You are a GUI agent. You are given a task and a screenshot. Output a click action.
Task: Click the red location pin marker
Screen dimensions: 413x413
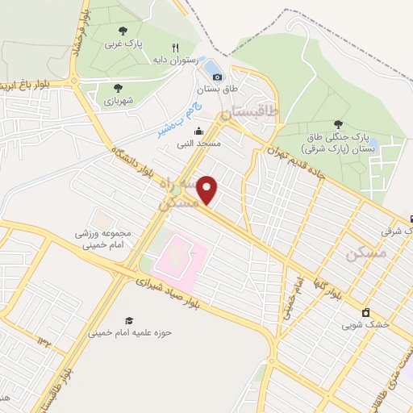point(208,190)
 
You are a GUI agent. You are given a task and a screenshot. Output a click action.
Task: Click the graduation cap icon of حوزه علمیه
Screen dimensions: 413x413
point(129,319)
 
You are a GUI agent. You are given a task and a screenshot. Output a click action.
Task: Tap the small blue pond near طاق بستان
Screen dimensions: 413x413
point(212,66)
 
